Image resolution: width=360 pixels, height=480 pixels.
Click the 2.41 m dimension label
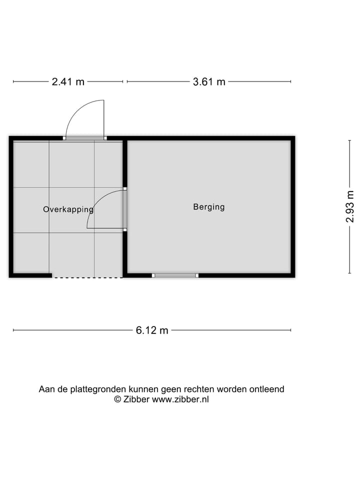click(68, 82)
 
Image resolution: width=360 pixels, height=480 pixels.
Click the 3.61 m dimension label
click(209, 82)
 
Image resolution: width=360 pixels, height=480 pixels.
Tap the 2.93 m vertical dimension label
click(350, 206)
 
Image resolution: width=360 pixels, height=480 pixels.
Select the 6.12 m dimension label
click(152, 330)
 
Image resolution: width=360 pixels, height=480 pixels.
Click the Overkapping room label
click(68, 209)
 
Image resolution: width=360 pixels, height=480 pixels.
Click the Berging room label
click(209, 206)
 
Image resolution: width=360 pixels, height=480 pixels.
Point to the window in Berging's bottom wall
click(175, 275)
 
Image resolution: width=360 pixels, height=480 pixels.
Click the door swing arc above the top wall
click(80, 112)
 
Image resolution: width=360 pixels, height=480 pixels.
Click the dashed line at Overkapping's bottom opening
click(87, 277)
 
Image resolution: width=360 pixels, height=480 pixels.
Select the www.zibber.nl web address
click(180, 399)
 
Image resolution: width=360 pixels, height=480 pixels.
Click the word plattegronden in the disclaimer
click(98, 389)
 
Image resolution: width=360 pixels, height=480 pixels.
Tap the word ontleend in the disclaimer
click(266, 389)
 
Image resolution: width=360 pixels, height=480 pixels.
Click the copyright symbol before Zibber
click(118, 399)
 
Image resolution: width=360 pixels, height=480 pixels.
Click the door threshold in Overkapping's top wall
click(84, 138)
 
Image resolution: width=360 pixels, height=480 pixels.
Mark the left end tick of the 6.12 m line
click(13, 330)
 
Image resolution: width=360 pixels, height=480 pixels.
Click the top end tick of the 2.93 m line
click(349, 140)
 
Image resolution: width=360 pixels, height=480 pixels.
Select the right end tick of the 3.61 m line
click(291, 81)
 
